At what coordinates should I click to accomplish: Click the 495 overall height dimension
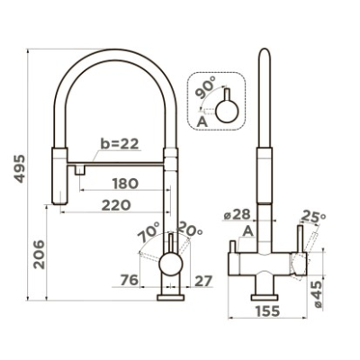point(20,168)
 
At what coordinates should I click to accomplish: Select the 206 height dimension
point(39,255)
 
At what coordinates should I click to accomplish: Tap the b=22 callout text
point(120,144)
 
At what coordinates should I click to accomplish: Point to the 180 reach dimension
point(125,184)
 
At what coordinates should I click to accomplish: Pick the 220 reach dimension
point(116,205)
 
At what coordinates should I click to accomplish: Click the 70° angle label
point(148,232)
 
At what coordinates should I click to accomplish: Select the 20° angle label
point(190,229)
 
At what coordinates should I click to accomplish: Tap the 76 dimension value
point(130,281)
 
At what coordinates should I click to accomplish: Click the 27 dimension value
point(203,281)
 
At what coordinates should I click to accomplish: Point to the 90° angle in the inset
point(205,87)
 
